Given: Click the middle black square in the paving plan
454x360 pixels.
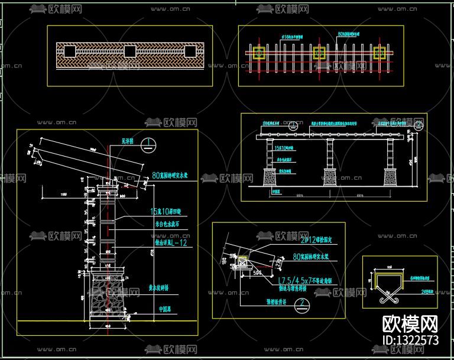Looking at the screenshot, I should coord(129,51).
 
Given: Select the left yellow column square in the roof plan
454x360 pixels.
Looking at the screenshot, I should coord(259,53).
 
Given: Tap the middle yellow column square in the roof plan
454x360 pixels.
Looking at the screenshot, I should coord(319,53).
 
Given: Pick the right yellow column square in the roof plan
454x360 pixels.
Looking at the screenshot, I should coord(380,53).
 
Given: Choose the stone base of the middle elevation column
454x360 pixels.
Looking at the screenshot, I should coord(330,176).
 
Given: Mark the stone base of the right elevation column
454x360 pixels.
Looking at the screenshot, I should coord(391,176).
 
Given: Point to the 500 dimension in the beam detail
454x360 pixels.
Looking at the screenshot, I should coord(242,274).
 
